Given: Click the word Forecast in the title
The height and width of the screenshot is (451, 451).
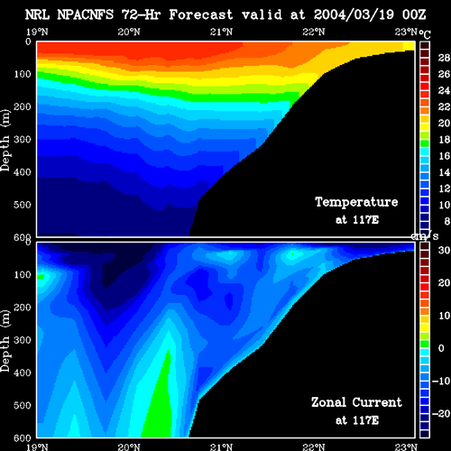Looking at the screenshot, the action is (x=201, y=14).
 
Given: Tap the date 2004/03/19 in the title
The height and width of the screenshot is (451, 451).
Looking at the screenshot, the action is (x=354, y=14).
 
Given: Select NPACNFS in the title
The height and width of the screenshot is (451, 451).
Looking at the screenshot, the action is (x=86, y=14).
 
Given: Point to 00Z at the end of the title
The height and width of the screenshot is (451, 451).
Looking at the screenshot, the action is (x=414, y=14).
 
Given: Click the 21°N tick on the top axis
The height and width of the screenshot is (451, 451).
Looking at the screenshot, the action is (x=221, y=32).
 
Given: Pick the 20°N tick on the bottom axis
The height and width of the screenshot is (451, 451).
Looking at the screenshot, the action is (x=129, y=447).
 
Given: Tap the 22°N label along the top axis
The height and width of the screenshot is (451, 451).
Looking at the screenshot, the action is (x=314, y=32).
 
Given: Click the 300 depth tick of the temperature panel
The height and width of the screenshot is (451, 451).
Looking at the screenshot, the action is (x=23, y=139).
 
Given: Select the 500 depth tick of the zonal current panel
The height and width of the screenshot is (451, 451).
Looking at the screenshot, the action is (x=23, y=405).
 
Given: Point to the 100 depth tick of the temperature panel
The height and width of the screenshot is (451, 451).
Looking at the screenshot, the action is (x=23, y=74).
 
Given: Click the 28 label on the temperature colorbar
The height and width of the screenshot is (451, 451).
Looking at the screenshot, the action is (x=444, y=58).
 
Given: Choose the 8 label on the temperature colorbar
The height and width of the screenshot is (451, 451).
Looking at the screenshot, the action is (x=447, y=221).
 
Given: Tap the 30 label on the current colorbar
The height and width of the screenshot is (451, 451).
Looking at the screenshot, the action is (x=444, y=250).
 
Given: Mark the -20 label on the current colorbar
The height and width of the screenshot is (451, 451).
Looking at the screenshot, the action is (x=441, y=414).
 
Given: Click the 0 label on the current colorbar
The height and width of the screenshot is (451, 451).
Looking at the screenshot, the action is (x=441, y=348).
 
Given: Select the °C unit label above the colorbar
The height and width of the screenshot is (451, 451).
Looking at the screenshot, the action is (x=425, y=34).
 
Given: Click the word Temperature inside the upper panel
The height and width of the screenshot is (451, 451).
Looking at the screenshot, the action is (x=356, y=202).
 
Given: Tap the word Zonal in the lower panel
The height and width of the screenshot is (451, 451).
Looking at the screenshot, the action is (x=328, y=402).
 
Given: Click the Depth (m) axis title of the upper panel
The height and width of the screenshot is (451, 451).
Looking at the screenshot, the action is (x=5, y=141).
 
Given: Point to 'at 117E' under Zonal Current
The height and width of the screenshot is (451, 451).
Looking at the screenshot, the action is (x=357, y=420).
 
